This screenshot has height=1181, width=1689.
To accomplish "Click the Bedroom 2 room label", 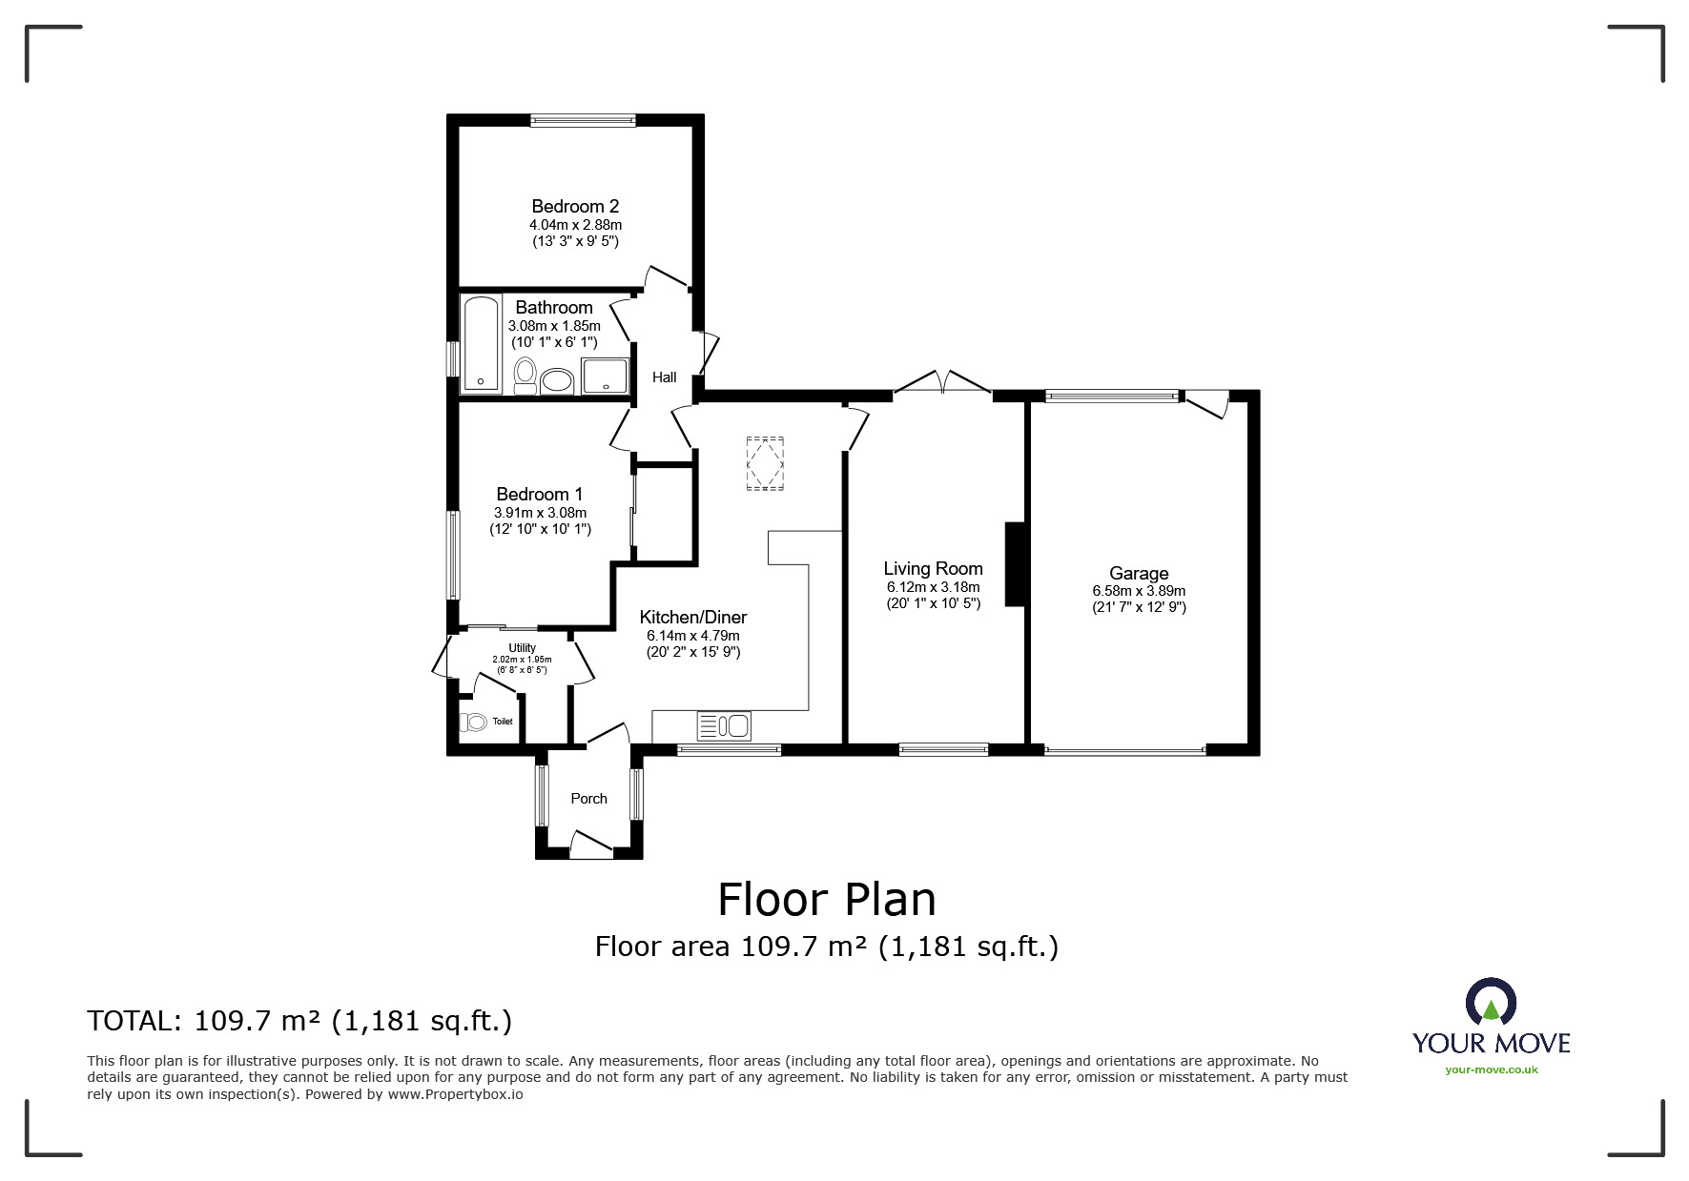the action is [x=575, y=206].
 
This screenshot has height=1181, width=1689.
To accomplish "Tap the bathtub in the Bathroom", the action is [x=481, y=343].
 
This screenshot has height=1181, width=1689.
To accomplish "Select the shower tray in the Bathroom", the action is [x=606, y=376].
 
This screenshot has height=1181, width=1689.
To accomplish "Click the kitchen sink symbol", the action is [x=724, y=726].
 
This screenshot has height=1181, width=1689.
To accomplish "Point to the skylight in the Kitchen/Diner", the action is [x=765, y=463].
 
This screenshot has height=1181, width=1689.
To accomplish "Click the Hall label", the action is [x=665, y=377].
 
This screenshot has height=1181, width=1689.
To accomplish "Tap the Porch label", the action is [x=588, y=799].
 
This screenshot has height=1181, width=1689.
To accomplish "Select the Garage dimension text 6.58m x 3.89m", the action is [x=1139, y=591].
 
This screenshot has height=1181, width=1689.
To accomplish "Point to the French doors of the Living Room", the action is [x=943, y=381].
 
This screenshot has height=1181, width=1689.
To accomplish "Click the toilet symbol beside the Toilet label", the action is [x=474, y=722].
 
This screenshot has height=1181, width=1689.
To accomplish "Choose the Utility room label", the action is [x=522, y=648].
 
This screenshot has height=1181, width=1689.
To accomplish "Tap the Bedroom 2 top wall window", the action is [x=583, y=120].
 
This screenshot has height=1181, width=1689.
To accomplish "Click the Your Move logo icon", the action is [x=1491, y=1002].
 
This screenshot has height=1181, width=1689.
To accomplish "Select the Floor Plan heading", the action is [x=827, y=899].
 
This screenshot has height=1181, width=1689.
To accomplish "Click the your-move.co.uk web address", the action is [x=1492, y=1069].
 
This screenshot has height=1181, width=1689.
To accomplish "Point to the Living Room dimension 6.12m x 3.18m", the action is [x=933, y=587].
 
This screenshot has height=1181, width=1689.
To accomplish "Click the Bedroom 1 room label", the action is [x=540, y=494].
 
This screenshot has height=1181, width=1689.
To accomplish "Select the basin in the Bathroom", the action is [x=556, y=382].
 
